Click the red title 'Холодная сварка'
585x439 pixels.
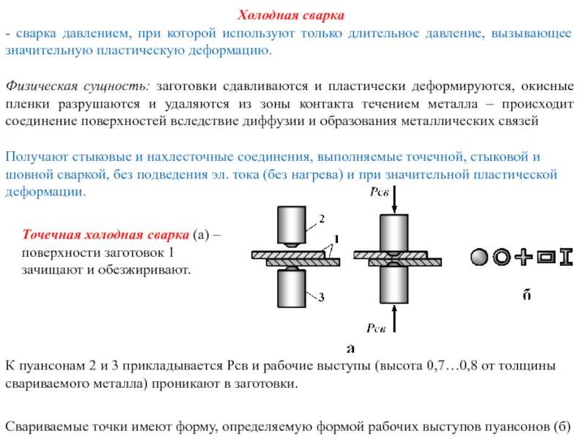[290, 15]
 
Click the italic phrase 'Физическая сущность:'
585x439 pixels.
[78, 86]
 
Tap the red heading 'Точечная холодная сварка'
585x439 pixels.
[105, 234]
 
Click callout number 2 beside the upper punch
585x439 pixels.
[322, 218]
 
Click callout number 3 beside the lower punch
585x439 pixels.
[321, 297]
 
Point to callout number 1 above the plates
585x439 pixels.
[336, 239]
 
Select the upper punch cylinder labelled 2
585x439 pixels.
[292, 225]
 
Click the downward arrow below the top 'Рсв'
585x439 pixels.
[394, 200]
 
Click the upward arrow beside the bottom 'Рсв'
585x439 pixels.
[394, 318]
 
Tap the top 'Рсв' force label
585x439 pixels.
[379, 192]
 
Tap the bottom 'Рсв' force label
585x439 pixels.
[376, 328]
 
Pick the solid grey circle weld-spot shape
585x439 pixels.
[479, 258]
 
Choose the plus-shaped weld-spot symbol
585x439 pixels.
[524, 257]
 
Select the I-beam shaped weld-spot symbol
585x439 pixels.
[566, 258]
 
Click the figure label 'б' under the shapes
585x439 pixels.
[526, 295]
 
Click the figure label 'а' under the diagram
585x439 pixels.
[350, 349]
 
